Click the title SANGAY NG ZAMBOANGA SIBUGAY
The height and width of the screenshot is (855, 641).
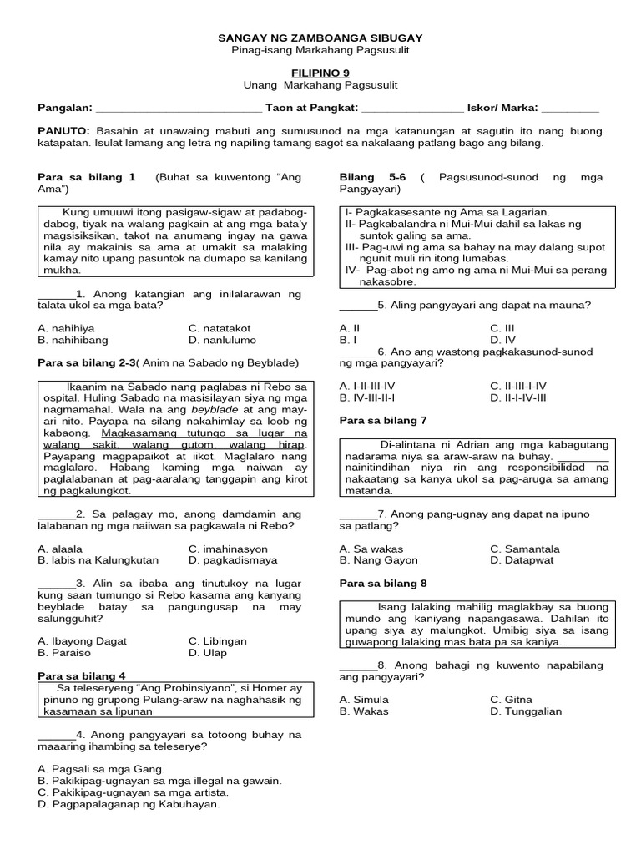click(320, 38)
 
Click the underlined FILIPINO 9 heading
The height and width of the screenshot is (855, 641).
click(320, 73)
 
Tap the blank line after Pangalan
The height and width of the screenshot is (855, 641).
click(179, 109)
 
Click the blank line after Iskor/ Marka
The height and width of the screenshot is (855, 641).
click(570, 109)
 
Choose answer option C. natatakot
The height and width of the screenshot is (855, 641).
click(220, 328)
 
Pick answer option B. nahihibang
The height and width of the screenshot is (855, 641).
click(73, 340)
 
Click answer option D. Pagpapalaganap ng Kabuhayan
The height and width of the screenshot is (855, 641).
click(129, 804)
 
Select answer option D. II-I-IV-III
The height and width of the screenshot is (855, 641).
click(518, 397)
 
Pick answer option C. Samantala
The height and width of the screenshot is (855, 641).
click(525, 549)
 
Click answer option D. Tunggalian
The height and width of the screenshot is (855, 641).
click(526, 711)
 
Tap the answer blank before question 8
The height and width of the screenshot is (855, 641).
click(358, 665)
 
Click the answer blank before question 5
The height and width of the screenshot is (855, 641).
click(358, 306)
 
